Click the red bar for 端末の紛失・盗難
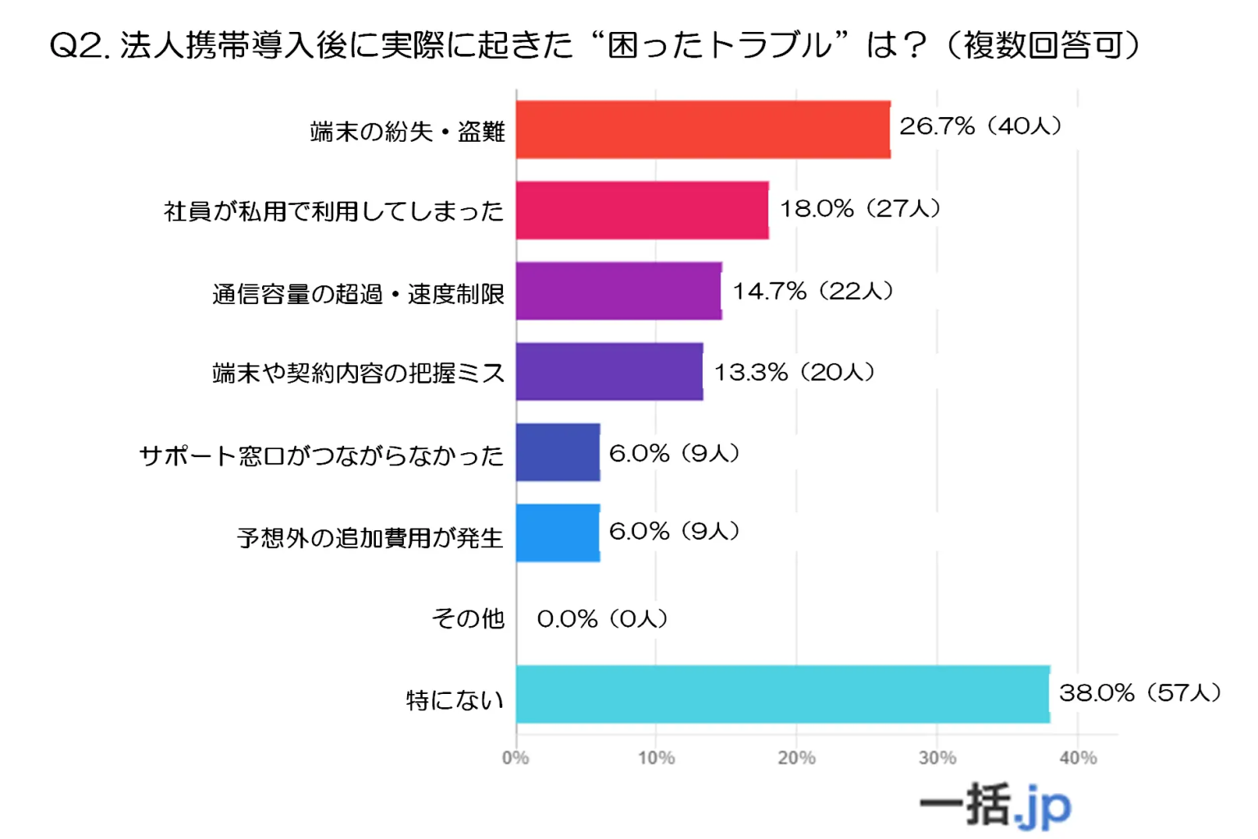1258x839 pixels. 703,129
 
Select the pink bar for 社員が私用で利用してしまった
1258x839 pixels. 642,211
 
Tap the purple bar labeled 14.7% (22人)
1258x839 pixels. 618,291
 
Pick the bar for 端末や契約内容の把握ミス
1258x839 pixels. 609,372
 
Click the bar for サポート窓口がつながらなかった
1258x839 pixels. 558,452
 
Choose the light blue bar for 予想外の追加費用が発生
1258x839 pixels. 558,533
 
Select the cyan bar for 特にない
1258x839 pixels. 782,694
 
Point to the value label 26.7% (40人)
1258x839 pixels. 980,126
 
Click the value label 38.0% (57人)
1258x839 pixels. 1140,693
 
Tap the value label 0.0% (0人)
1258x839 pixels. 602,619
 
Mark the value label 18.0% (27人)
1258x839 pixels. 860,209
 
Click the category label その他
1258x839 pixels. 468,619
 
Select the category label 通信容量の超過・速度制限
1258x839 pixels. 358,293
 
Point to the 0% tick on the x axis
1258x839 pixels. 515,758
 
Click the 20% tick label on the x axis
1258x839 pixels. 796,758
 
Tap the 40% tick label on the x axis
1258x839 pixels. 1078,758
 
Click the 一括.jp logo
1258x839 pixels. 995,805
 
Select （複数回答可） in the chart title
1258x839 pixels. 1043,46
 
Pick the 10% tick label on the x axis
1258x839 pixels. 656,758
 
